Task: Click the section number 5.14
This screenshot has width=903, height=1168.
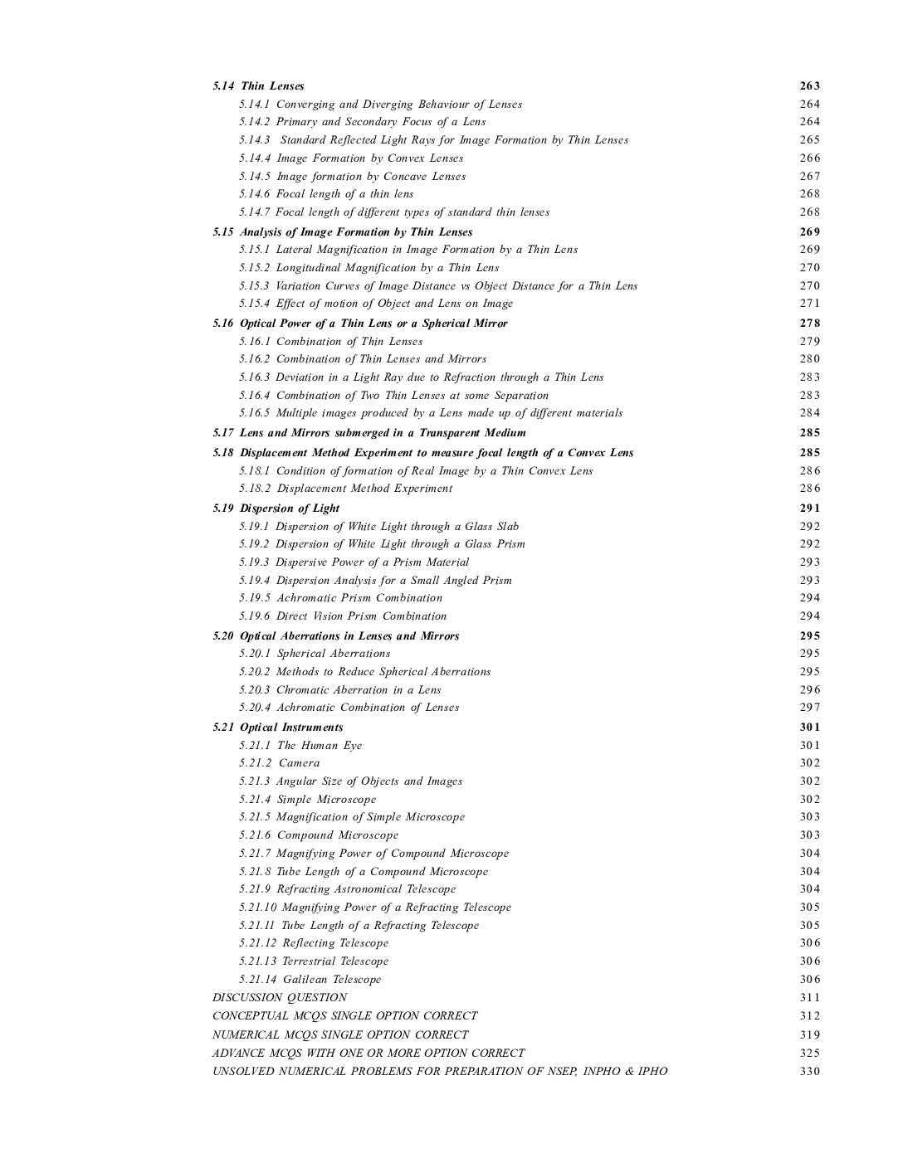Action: (x=223, y=86)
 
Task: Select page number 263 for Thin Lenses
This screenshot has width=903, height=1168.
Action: (x=809, y=86)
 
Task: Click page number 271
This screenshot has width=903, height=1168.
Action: (x=809, y=304)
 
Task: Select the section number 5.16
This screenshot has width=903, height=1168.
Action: (x=223, y=324)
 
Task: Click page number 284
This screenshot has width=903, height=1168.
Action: (x=809, y=413)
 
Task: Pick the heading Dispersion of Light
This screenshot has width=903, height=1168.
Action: (x=290, y=509)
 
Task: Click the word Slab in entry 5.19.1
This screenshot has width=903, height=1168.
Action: (x=508, y=527)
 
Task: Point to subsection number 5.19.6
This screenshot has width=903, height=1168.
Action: (x=255, y=616)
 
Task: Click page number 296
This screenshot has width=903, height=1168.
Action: (x=809, y=690)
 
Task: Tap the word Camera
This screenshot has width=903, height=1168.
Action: (x=299, y=763)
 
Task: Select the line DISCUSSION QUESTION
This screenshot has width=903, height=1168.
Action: (x=280, y=998)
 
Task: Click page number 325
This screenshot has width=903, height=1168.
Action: (x=809, y=1054)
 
